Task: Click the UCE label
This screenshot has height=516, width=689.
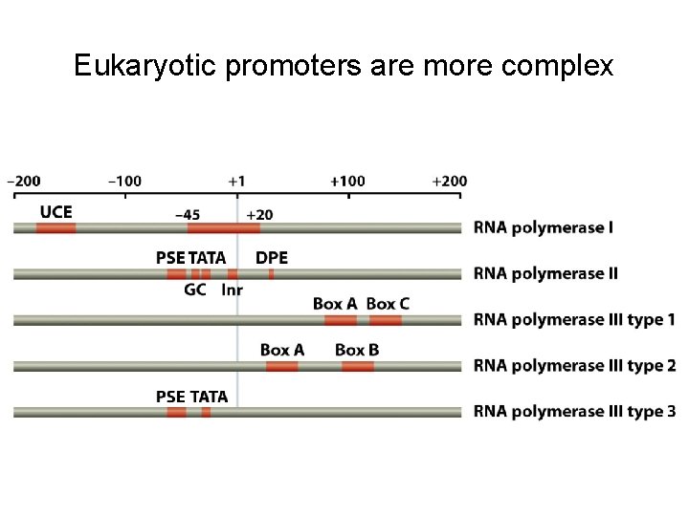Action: (x=56, y=211)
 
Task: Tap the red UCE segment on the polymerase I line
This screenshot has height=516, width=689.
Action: (x=56, y=228)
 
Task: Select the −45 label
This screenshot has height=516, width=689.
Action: (x=187, y=214)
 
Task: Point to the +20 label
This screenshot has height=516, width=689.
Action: (x=259, y=214)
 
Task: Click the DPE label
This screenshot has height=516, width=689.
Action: (x=272, y=258)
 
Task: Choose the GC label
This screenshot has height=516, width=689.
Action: (x=195, y=290)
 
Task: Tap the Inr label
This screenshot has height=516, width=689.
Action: (x=232, y=290)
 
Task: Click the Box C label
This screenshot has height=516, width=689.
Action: (x=388, y=304)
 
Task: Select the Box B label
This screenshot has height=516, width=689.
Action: (x=357, y=350)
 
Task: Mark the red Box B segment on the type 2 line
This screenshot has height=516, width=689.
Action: (x=357, y=366)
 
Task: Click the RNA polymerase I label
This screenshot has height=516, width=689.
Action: (x=544, y=228)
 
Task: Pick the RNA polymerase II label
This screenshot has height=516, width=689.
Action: (x=545, y=274)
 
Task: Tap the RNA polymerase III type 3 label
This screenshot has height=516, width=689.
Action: (x=574, y=412)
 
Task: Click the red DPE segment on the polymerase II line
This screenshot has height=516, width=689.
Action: (x=272, y=274)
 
